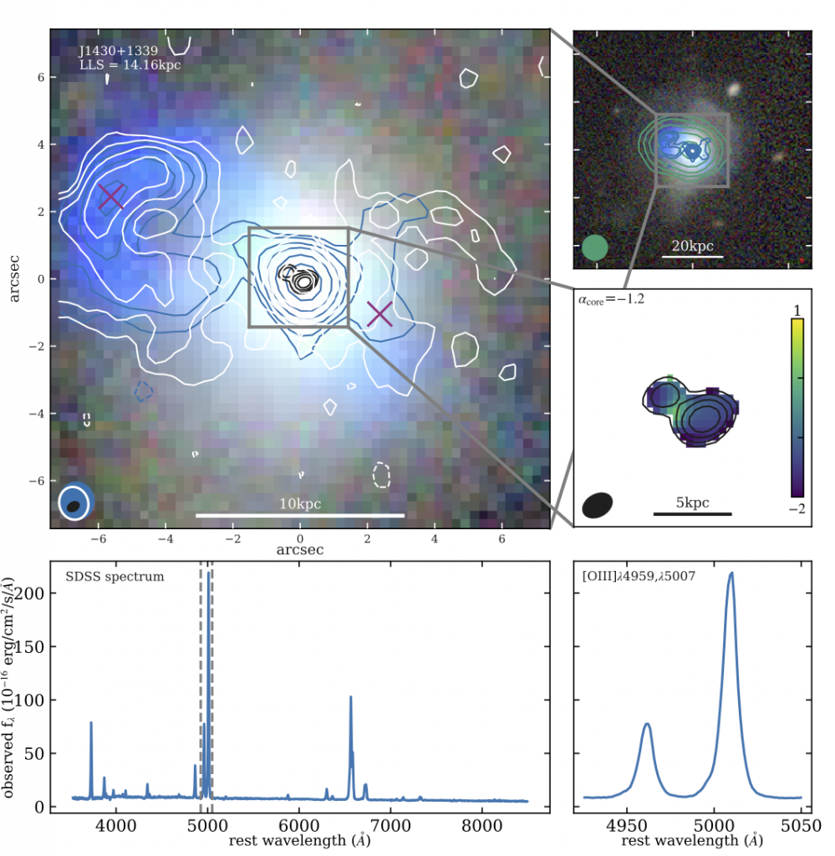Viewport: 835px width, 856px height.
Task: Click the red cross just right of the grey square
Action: pos(379,314)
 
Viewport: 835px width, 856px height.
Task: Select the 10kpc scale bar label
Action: pos(300,504)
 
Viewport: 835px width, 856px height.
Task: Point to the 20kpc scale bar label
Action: pos(692,246)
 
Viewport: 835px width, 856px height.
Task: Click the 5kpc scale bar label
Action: pos(692,502)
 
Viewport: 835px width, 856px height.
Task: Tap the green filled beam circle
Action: pos(594,247)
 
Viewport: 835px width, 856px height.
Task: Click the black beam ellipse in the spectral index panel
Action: pos(598,504)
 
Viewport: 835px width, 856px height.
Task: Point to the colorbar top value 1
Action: pos(797,310)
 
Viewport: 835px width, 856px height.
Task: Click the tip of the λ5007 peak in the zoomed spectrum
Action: pos(731,573)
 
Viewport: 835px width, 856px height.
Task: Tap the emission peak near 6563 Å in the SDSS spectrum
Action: pos(351,697)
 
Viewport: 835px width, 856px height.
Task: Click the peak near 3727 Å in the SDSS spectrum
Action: pos(91,722)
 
